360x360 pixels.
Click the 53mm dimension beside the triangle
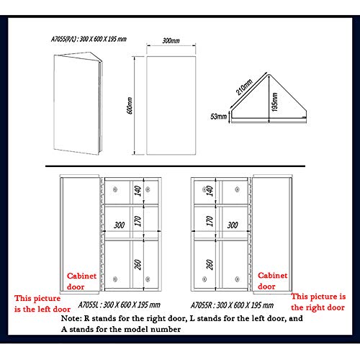click(219, 115)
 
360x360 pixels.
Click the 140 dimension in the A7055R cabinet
click(210, 190)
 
